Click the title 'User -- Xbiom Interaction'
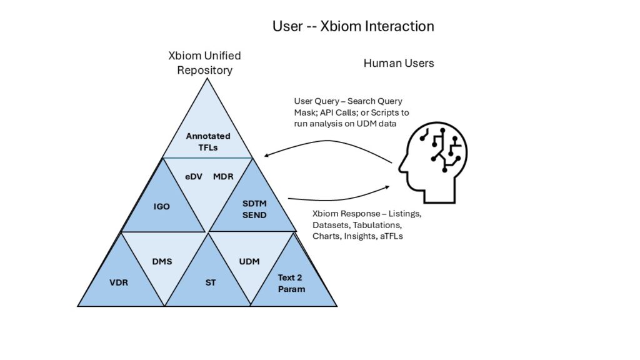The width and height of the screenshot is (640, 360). click(x=353, y=26)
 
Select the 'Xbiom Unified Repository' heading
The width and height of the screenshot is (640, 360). click(x=204, y=62)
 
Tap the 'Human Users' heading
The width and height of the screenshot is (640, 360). click(x=399, y=63)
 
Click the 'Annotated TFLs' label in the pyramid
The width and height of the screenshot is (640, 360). click(x=208, y=141)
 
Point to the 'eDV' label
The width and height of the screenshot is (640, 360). click(x=193, y=176)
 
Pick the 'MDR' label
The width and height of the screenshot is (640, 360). click(x=223, y=176)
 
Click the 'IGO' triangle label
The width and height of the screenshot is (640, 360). click(x=162, y=206)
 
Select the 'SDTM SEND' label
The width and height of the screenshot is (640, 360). click(x=254, y=210)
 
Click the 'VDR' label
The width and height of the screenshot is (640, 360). click(x=119, y=282)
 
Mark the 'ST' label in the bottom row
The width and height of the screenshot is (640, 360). click(x=211, y=282)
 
